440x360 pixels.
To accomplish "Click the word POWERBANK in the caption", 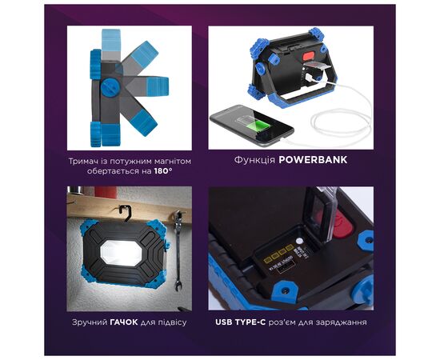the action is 313,160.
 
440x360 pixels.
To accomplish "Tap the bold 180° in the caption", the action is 163,171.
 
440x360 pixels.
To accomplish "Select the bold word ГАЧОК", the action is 124,322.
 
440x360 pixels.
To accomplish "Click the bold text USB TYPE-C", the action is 240,322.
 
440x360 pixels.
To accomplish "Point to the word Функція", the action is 254,160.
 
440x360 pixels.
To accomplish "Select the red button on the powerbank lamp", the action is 308,55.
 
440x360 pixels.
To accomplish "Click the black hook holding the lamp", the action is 126,212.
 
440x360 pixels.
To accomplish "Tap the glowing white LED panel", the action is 122,253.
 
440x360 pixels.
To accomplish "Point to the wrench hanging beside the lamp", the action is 178,250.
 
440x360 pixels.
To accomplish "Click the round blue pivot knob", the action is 109,87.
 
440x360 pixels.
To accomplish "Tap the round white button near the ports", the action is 299,241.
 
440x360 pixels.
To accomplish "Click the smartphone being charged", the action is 252,126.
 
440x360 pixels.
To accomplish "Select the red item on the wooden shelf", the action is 106,192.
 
